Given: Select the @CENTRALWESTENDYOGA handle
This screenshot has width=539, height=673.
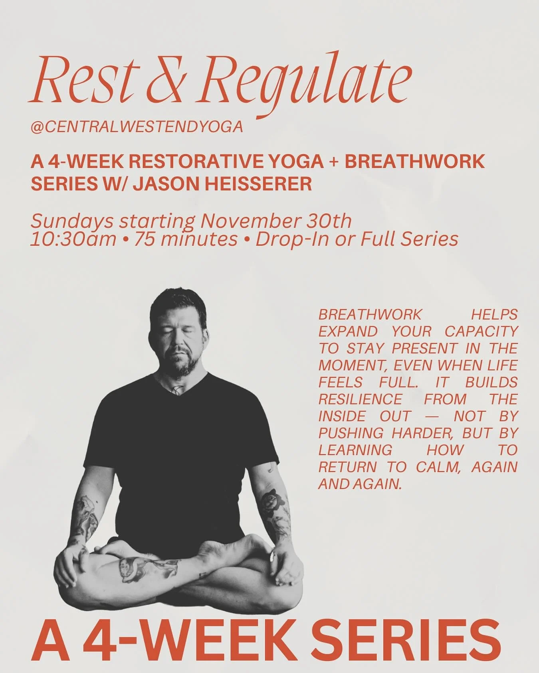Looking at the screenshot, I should click(137, 127).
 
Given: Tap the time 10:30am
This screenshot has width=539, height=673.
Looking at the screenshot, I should click(73, 239).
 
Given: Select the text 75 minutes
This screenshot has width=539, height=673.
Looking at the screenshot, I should click(186, 239).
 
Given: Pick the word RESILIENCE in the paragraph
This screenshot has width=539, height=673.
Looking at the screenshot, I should click(360, 399).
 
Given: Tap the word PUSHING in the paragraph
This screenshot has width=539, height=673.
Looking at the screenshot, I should click(351, 433).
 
